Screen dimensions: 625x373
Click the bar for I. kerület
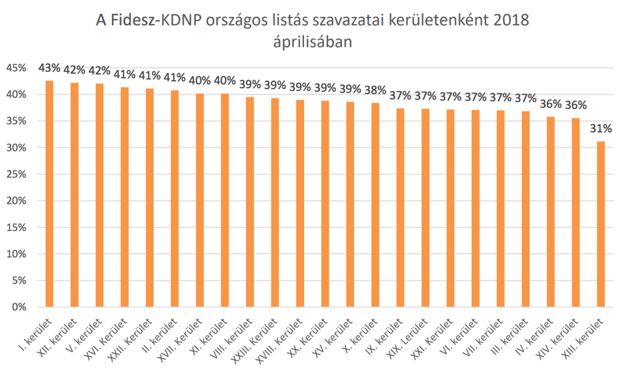[x=49, y=194]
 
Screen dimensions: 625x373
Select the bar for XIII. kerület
[x=600, y=224]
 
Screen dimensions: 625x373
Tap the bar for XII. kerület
[x=75, y=195]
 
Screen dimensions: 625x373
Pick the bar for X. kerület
[x=375, y=205]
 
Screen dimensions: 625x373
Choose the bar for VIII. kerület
[x=250, y=202]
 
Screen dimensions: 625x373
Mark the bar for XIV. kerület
[x=576, y=212]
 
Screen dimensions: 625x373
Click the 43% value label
[x=49, y=68]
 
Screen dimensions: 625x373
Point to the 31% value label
[x=600, y=128]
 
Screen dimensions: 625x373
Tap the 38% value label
[x=375, y=90]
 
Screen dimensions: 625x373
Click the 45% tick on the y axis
[x=16, y=68]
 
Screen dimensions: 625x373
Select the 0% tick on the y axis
[x=19, y=307]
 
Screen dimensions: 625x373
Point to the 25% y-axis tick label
[x=16, y=175]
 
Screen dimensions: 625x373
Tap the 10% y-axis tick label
[x=16, y=254]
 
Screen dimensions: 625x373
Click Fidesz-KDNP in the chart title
[x=156, y=20]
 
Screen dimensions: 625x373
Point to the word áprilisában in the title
[x=312, y=42]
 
